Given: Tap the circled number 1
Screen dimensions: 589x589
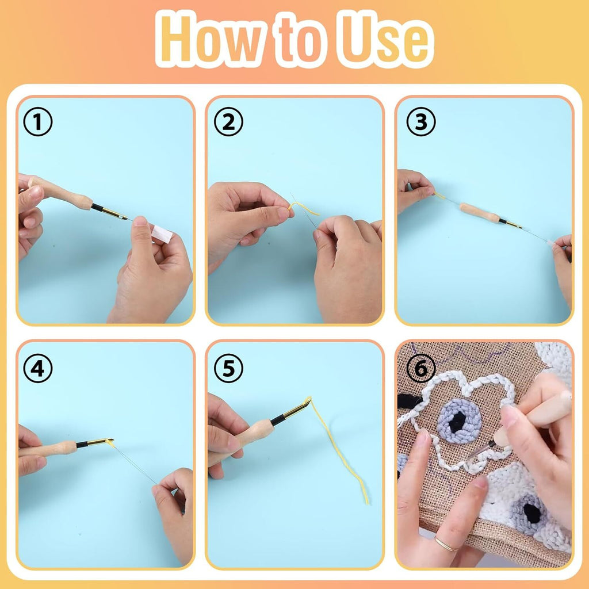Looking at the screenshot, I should (37, 123).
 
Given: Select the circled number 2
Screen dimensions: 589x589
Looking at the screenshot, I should (228, 123).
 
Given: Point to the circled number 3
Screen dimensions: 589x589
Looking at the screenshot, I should (420, 123).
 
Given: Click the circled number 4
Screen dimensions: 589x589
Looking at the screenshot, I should (37, 369).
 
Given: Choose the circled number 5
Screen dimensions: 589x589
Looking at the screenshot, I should (228, 369).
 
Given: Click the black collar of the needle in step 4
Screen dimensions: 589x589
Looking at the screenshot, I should (82, 444).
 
